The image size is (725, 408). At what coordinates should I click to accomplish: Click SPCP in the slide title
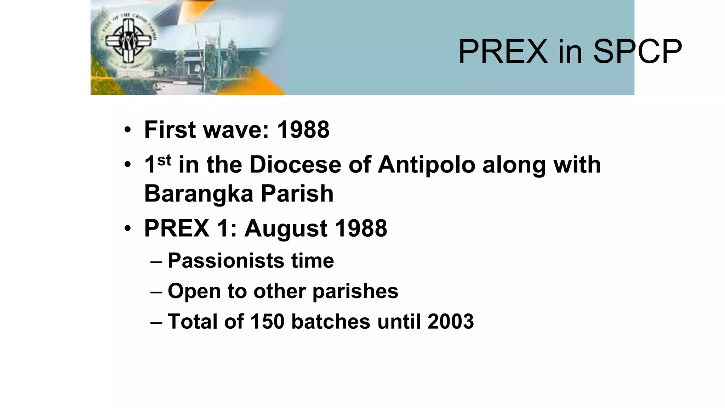coord(637,52)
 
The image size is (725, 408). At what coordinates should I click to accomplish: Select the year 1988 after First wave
coord(303,130)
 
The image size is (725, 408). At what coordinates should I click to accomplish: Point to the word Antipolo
coord(426,165)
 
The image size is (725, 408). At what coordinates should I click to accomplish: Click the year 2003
coord(450,322)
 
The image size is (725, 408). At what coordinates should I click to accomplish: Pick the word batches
coord(331,322)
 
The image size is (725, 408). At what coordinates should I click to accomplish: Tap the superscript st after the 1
coord(164,161)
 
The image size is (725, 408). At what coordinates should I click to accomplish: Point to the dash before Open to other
coord(156,292)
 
